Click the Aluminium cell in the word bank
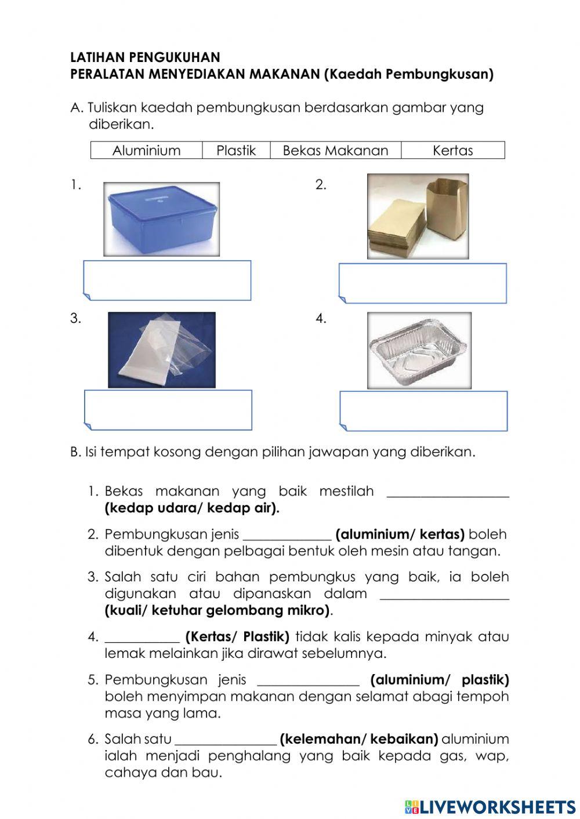click(x=146, y=151)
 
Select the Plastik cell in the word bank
click(x=236, y=151)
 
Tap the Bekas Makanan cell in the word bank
click(x=335, y=151)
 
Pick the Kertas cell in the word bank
click(x=452, y=151)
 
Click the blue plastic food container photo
click(x=161, y=219)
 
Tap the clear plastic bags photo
click(x=161, y=350)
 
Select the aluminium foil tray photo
click(x=419, y=351)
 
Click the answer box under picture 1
click(x=168, y=281)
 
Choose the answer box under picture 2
click(x=423, y=283)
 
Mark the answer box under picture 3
click(x=168, y=410)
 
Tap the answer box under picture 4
click(x=423, y=412)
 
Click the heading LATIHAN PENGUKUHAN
click(x=145, y=57)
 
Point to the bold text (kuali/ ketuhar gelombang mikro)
click(x=217, y=610)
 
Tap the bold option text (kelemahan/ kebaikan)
click(x=358, y=739)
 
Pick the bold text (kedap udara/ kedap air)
click(x=192, y=508)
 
